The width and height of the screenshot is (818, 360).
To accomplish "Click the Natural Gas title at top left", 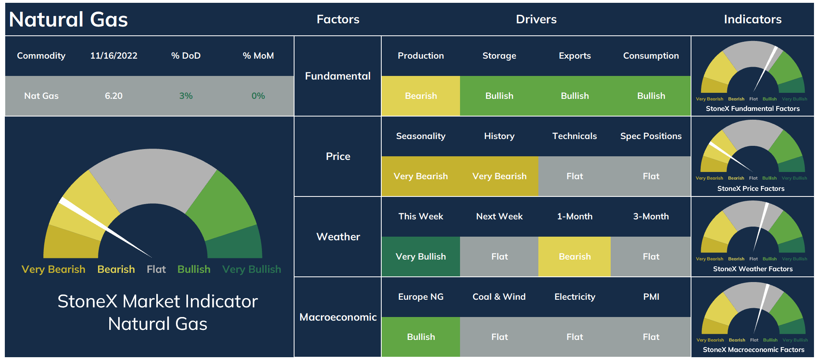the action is click(68, 19).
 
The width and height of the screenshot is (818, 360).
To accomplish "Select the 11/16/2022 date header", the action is click(114, 56).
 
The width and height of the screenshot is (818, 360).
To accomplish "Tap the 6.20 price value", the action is click(114, 96).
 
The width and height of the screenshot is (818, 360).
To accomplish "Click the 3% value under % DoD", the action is click(186, 96).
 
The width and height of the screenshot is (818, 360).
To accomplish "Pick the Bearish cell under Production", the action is click(421, 96).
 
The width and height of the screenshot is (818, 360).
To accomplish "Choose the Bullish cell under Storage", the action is click(499, 96).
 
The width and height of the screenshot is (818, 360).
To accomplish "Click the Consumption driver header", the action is click(651, 56).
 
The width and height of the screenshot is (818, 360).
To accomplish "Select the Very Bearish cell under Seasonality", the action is click(421, 176).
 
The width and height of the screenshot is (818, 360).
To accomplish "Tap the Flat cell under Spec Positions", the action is click(651, 176).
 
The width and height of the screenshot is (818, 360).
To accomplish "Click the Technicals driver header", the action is click(575, 136).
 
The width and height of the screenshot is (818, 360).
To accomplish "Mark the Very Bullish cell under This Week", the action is click(421, 257).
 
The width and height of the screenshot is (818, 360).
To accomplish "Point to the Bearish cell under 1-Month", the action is click(575, 257).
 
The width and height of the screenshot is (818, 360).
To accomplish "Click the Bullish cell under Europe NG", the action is click(421, 337).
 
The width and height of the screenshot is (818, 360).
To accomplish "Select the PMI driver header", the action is click(651, 297).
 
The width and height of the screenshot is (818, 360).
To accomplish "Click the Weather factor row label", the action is click(338, 237).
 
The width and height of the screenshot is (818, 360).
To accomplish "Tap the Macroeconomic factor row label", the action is click(338, 317).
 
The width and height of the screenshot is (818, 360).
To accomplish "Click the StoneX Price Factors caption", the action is click(751, 188).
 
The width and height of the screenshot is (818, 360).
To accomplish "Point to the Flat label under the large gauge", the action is click(156, 269).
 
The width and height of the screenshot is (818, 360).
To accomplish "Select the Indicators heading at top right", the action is click(753, 19).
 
